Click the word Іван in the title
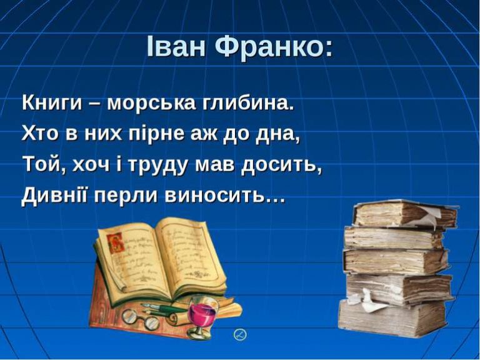(x=176, y=46)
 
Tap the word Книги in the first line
(x=52, y=103)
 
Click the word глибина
(x=247, y=103)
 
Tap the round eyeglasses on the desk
(x=140, y=318)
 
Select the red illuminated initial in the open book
(x=116, y=242)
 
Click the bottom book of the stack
(x=392, y=318)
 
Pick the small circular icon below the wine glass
(x=240, y=334)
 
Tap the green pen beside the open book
(x=164, y=308)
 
